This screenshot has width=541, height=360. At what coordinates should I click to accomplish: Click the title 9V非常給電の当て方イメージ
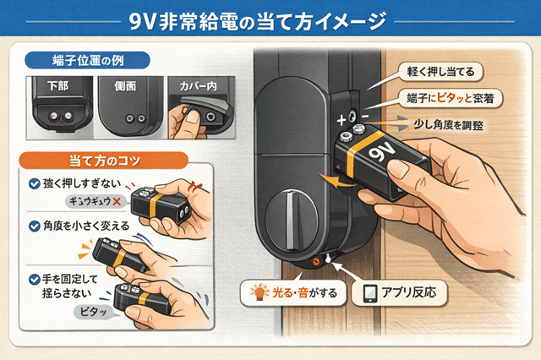tap(270, 19)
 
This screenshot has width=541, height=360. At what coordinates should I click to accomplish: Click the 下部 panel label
tap(58, 86)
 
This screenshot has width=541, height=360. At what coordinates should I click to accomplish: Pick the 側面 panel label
tap(123, 86)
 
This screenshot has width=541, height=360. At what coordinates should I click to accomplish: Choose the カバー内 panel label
tap(194, 86)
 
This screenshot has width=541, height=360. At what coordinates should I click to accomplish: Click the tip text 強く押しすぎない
tap(80, 183)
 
